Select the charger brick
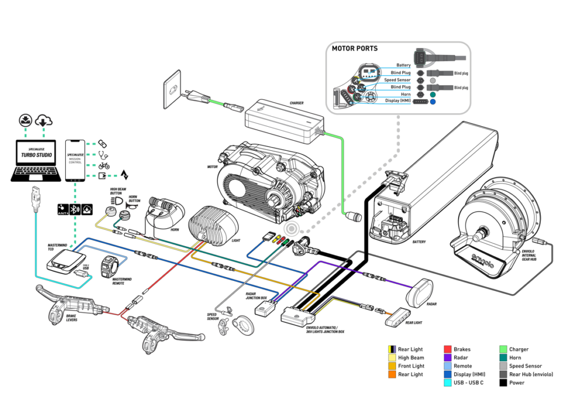point(284,119)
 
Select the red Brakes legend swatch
point(448,349)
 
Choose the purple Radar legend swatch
point(448,358)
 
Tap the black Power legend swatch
point(504,383)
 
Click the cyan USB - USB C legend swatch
point(448,383)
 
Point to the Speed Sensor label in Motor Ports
point(397,80)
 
